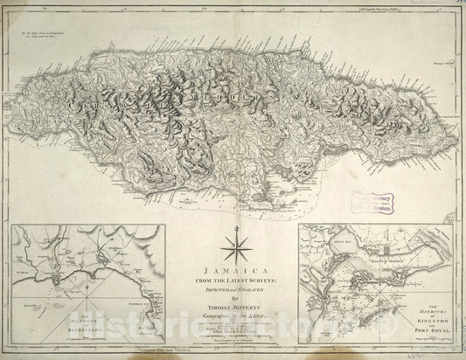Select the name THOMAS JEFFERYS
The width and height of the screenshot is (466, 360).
coord(233,305)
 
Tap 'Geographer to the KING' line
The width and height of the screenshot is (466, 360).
coord(233,312)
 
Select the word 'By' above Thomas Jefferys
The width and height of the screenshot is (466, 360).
coord(233,297)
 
